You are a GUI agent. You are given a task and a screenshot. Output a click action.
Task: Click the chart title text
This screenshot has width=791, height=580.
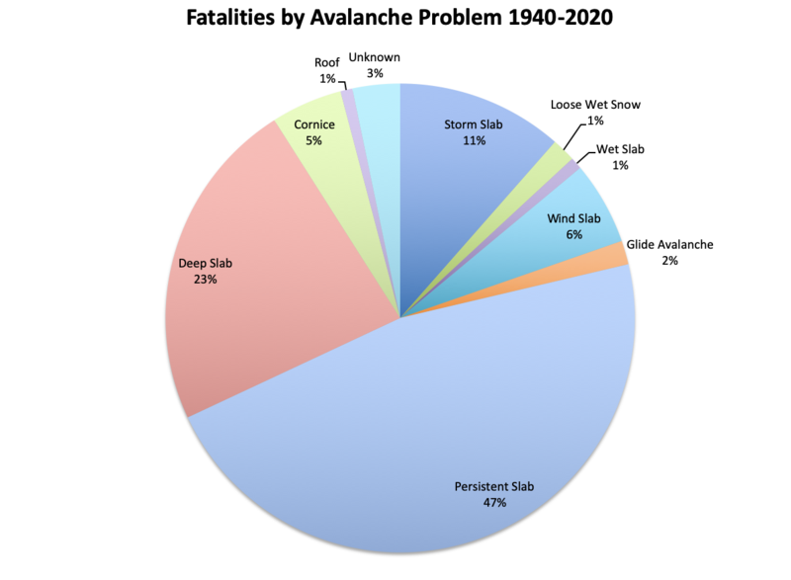click(395, 20)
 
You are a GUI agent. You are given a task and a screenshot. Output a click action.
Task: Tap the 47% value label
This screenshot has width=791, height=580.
click(493, 503)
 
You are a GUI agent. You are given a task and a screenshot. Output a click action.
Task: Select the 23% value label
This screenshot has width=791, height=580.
click(206, 280)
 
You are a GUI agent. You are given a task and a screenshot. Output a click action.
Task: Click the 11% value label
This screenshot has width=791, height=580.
click(474, 141)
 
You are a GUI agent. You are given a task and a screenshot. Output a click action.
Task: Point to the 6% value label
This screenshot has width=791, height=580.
click(574, 235)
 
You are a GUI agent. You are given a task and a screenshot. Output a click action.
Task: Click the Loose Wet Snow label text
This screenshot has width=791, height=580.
click(600, 104)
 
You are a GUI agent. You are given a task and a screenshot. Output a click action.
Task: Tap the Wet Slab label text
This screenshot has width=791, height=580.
click(620, 149)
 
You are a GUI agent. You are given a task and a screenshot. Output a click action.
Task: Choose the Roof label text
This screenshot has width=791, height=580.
click(327, 61)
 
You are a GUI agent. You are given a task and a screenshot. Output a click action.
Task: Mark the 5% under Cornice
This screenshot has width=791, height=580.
click(314, 141)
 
